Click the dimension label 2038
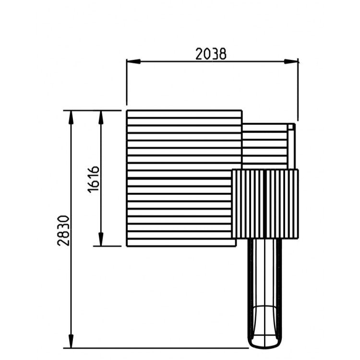point(211,54)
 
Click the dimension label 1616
point(94,180)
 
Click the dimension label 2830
point(63,230)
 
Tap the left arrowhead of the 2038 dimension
point(133,61)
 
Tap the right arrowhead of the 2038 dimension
point(291,61)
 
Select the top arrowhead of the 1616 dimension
point(101,118)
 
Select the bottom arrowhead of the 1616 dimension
point(101,239)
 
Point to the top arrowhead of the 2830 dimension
point(71,118)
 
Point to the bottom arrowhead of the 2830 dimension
point(71,341)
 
